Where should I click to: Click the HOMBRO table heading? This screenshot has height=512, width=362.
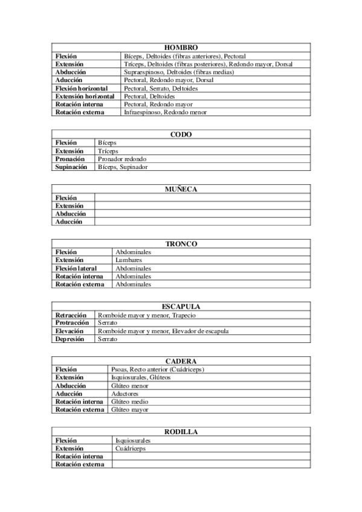pos(181,47)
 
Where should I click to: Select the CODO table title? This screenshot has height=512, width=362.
pos(181,134)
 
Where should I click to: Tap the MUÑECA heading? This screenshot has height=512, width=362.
pos(181,189)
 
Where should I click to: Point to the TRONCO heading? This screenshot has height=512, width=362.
pos(181,244)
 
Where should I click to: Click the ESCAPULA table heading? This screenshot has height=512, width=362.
pos(181,307)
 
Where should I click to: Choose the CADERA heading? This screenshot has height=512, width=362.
pos(181,361)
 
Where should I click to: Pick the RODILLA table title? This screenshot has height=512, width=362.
pos(181,432)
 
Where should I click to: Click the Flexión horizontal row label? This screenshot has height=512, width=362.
pos(85,88)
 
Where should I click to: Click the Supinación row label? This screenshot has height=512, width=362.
pos(71,167)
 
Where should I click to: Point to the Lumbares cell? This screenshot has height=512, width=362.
pos(129,260)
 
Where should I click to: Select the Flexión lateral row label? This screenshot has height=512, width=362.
pos(79,268)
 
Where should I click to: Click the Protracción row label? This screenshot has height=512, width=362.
pos(73,323)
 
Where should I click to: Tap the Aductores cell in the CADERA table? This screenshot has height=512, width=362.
pos(125,394)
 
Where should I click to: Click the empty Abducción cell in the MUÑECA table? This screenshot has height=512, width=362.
pos(202,214)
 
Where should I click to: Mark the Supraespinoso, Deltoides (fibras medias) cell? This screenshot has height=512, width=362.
pos(178,72)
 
